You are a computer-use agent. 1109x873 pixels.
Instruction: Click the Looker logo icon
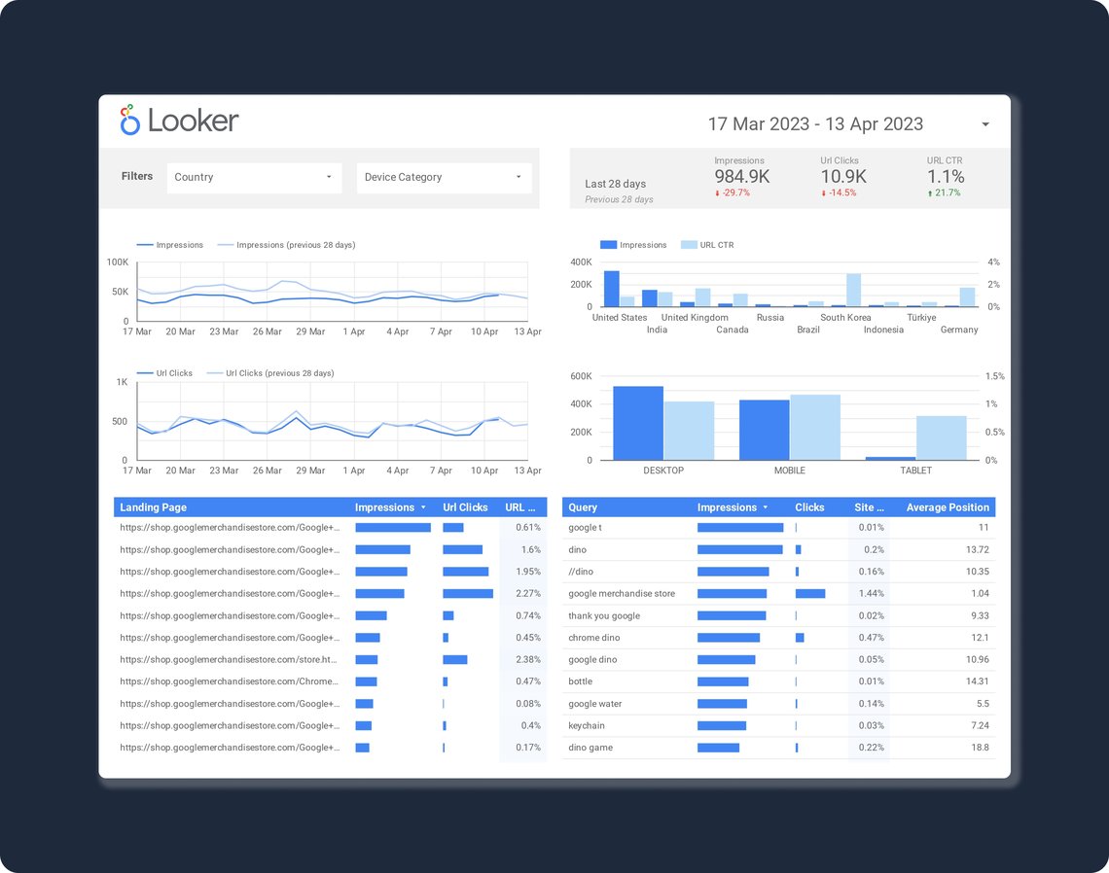tap(129, 120)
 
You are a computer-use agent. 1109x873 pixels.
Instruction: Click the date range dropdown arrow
tap(985, 124)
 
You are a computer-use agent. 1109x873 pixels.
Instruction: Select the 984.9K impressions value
tap(742, 176)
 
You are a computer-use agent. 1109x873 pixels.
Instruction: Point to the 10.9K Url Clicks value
tap(843, 176)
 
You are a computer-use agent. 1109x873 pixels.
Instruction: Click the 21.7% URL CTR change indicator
tap(945, 192)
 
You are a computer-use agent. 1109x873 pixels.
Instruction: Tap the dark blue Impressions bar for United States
tap(611, 289)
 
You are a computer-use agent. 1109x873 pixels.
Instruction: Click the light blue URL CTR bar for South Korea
tap(853, 290)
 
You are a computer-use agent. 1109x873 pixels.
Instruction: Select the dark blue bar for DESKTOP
tap(638, 424)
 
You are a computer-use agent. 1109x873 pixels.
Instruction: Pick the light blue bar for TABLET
tap(941, 437)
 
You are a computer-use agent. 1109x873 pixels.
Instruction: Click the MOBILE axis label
tap(789, 471)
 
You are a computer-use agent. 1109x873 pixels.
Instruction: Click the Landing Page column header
tap(153, 507)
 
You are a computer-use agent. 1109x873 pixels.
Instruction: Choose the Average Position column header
tap(947, 507)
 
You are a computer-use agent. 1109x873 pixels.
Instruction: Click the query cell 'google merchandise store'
tap(621, 594)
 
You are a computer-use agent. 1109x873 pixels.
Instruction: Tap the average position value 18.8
tap(979, 748)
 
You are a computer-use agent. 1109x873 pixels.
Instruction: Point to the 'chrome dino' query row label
tap(593, 638)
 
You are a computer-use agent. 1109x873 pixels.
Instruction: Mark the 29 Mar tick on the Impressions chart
tap(310, 332)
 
